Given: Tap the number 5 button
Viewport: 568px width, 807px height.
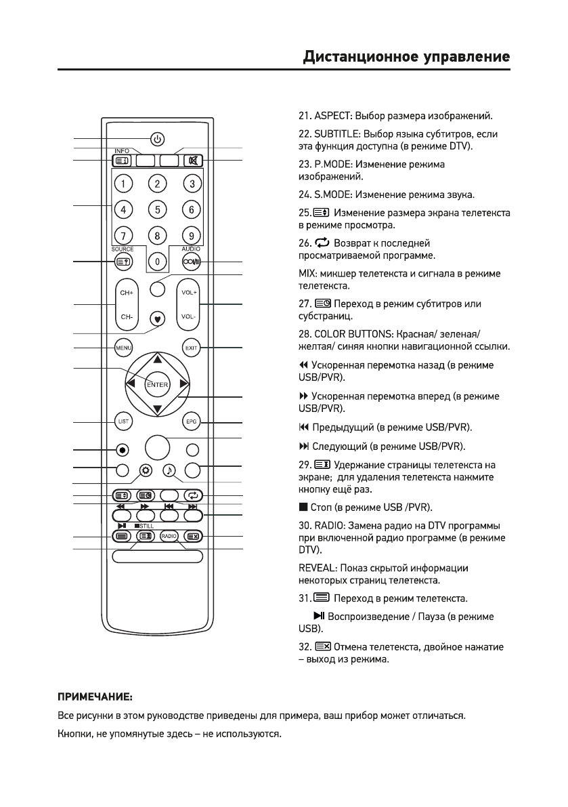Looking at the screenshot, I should click(157, 209).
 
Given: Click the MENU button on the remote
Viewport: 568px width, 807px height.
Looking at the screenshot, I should click(123, 348).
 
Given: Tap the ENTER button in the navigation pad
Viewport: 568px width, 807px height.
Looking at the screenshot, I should click(157, 384).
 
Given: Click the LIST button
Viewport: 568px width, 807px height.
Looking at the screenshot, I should click(123, 421).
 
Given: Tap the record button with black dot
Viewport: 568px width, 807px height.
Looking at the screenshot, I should click(122, 449).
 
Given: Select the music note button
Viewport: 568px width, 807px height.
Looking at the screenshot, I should click(169, 469).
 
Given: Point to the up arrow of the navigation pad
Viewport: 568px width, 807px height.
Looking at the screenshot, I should click(157, 358).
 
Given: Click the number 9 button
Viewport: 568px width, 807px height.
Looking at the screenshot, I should click(192, 236).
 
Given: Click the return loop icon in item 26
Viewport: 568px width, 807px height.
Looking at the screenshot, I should click(315, 242).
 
